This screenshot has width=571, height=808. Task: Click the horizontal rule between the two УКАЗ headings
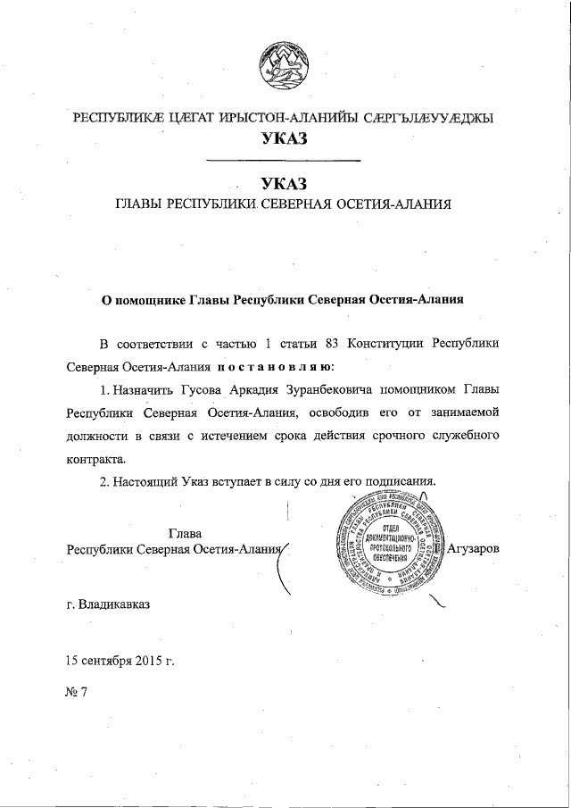(x=283, y=161)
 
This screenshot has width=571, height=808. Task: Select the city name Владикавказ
(x=114, y=604)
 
